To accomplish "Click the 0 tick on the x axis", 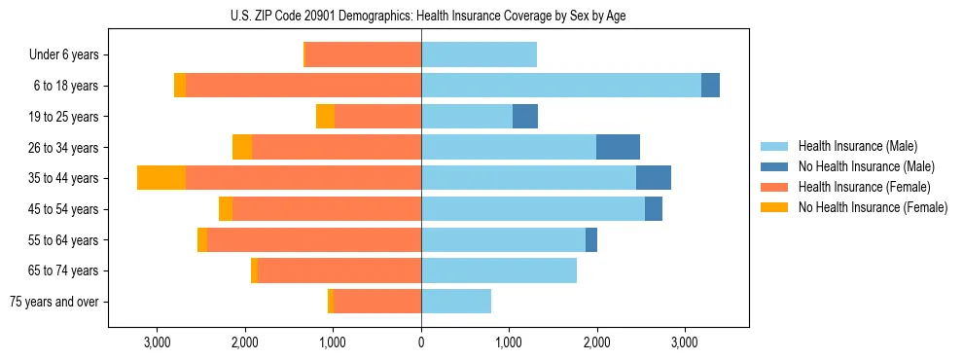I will [421, 342].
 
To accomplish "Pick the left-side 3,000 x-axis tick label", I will [157, 342].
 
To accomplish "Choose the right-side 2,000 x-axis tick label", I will [596, 342].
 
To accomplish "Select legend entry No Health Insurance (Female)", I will [873, 207].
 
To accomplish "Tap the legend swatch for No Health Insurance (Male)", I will [775, 166].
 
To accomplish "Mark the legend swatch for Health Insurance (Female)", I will [775, 187].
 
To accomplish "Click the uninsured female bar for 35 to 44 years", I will [161, 178].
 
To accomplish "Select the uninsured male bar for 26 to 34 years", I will [618, 147].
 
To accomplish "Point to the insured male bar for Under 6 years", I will [479, 54].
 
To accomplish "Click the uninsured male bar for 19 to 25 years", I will [525, 117].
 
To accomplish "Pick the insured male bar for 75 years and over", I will [456, 302].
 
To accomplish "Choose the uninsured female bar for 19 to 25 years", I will [325, 117].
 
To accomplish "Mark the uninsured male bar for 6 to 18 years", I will [710, 86].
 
